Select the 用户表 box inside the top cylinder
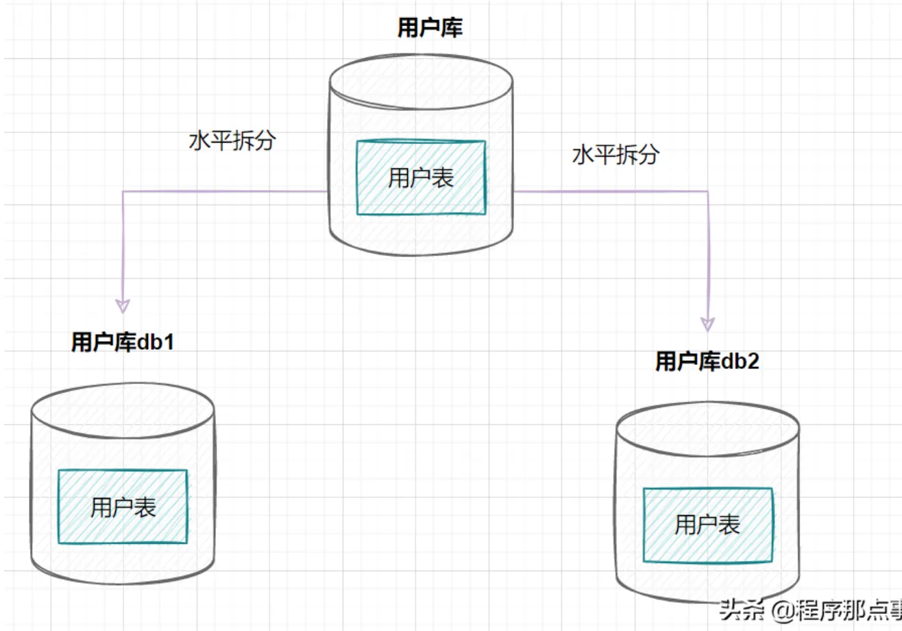click(x=421, y=178)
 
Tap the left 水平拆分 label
click(x=232, y=141)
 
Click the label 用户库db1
click(x=123, y=342)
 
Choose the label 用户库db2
click(x=707, y=361)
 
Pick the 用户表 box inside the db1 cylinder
click(x=123, y=507)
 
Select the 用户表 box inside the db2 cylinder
click(x=707, y=525)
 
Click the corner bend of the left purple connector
click(x=123, y=191)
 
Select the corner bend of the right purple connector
click(x=707, y=191)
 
